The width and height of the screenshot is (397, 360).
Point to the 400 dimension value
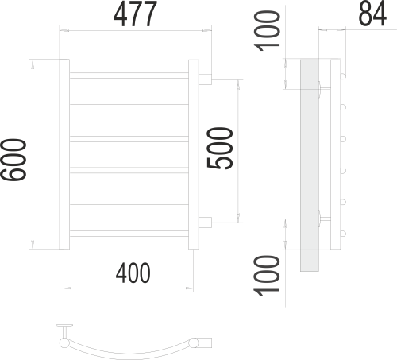click(133, 272)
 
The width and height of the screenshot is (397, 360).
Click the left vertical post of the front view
click(64, 155)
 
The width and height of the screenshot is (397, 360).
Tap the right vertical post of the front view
click(192, 155)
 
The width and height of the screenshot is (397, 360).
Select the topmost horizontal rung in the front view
click(129, 76)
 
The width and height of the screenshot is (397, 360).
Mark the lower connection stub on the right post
click(204, 222)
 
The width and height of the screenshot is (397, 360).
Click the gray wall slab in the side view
click(309, 167)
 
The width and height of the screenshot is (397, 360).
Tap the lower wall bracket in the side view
click(322, 216)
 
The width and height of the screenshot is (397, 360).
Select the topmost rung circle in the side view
click(344, 77)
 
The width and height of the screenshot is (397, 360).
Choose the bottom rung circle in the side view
click(344, 233)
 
